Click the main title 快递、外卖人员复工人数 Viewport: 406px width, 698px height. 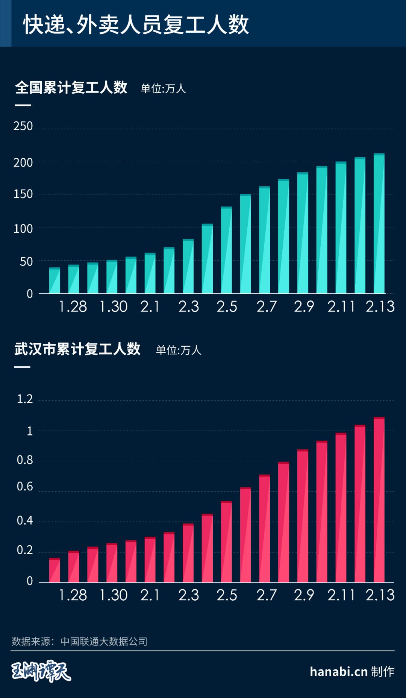(x=136, y=25)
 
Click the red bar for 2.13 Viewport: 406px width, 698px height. (x=379, y=500)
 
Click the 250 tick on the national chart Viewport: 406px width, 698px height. (x=23, y=126)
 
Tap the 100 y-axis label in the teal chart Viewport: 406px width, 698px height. (x=23, y=229)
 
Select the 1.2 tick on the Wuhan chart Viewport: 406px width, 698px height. (x=25, y=399)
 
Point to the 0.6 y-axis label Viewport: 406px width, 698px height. (x=25, y=487)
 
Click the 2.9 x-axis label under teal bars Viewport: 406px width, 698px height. (x=304, y=307)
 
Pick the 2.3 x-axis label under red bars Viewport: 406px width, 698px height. (x=188, y=595)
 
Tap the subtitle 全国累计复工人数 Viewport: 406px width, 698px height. (x=71, y=87)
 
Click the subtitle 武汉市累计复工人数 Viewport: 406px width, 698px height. (x=77, y=349)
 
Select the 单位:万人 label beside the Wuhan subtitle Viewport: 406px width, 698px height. (x=179, y=350)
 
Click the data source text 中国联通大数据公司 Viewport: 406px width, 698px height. (x=104, y=641)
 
